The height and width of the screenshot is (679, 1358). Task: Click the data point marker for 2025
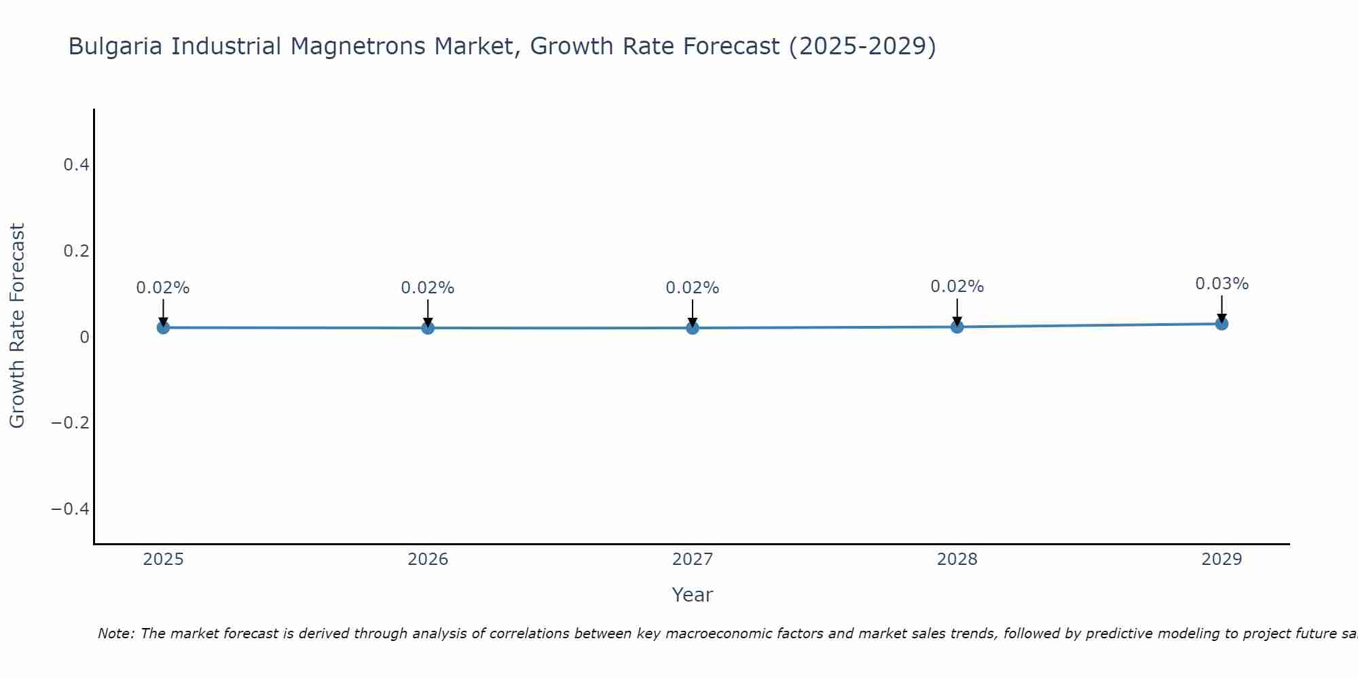pos(163,327)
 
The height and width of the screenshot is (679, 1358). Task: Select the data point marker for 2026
pos(428,328)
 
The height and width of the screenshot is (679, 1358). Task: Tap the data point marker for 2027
pos(693,328)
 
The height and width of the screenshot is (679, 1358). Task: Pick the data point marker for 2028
pos(957,327)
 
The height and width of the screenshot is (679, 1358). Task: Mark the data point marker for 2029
pos(1222,324)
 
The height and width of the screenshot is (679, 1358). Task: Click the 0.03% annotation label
pos(1222,284)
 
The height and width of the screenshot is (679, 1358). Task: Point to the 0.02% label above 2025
pos(163,288)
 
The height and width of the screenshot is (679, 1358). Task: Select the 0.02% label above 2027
pos(692,288)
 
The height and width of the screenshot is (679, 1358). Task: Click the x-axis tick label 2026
pos(428,559)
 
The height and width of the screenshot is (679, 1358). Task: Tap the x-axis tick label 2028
pos(957,559)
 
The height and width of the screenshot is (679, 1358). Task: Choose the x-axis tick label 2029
pos(1222,559)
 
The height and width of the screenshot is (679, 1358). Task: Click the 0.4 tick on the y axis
pos(76,165)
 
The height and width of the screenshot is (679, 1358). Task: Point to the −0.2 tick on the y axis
pos(71,423)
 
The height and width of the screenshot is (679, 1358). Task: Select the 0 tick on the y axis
pos(84,337)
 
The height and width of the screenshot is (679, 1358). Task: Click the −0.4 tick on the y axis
pos(71,509)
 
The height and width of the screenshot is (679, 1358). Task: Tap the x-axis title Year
pos(692,595)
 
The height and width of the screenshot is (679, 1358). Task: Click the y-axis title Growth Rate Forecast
pos(17,326)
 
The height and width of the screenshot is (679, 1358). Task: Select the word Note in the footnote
pos(115,634)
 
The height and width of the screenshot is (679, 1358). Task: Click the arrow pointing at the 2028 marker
pos(957,312)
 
